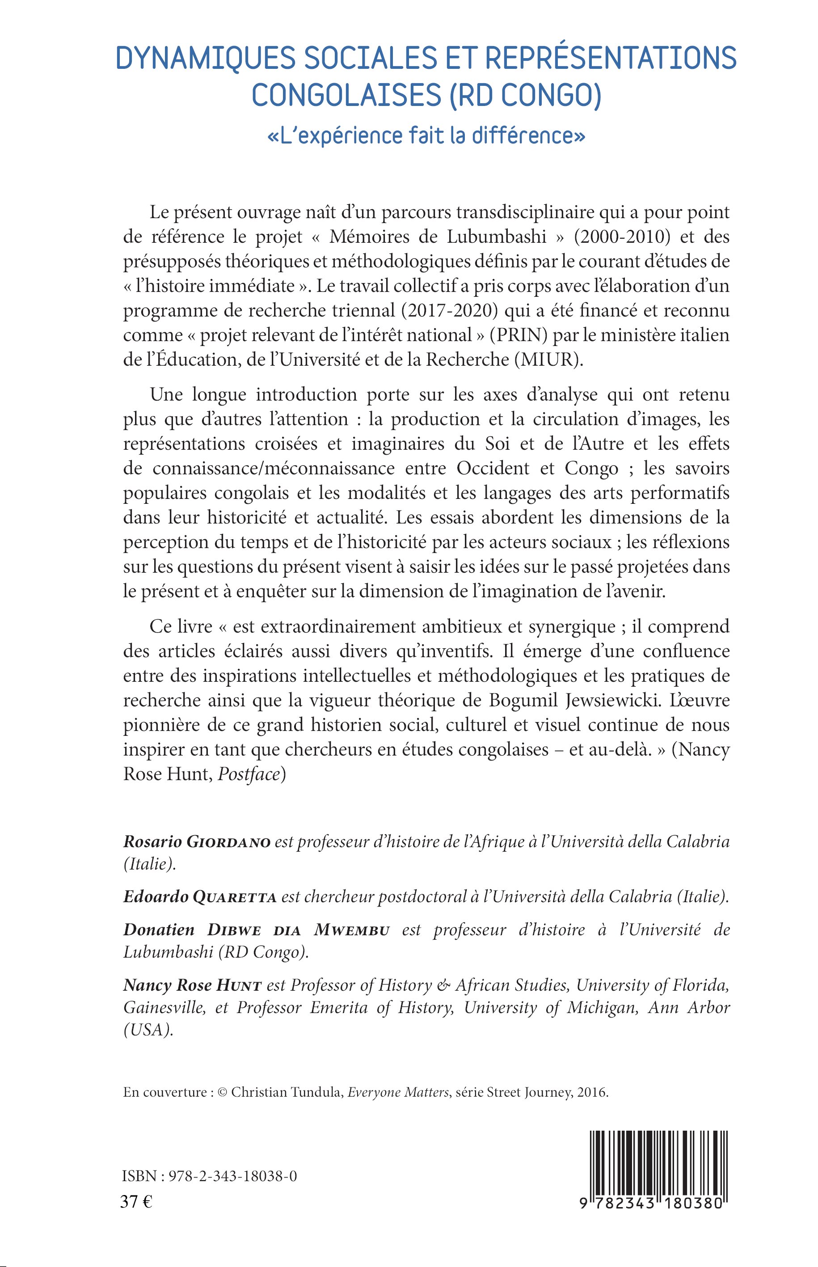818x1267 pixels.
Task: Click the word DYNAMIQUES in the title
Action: (205, 58)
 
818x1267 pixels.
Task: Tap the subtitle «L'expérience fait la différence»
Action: (426, 135)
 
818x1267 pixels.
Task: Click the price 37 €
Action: (136, 1202)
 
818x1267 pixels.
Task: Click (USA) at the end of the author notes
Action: (148, 1030)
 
